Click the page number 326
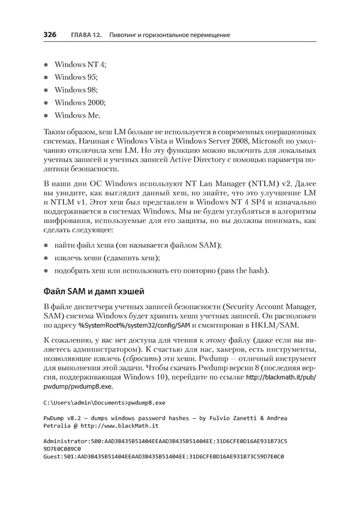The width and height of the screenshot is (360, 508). coord(50,35)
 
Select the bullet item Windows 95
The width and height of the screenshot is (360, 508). coord(76,77)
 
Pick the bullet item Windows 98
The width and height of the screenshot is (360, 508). coord(76,89)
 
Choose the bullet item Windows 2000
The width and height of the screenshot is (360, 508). coord(80,103)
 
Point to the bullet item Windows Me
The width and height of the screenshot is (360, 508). coord(78,115)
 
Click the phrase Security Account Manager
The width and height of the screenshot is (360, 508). coord(260,308)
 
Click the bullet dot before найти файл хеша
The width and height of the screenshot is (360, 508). coord(47,245)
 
